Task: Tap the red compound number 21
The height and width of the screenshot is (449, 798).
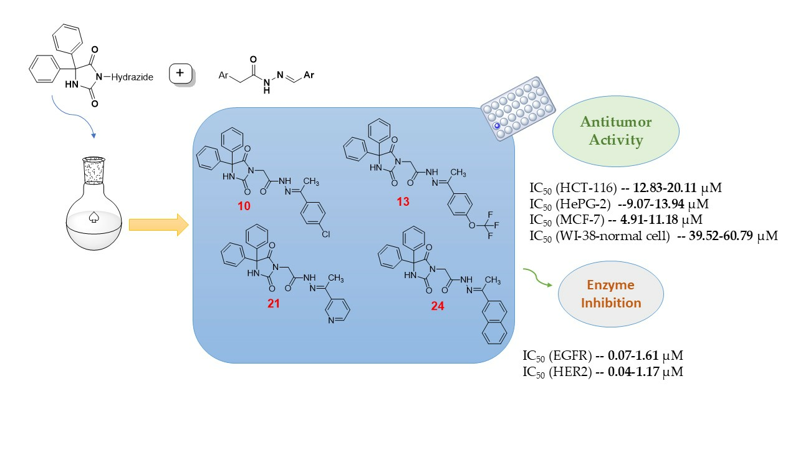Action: pyautogui.click(x=274, y=304)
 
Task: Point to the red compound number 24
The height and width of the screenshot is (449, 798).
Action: pyautogui.click(x=438, y=306)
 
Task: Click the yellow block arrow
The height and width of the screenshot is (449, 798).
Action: pyautogui.click(x=158, y=224)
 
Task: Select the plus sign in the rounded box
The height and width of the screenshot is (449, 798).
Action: pyautogui.click(x=181, y=74)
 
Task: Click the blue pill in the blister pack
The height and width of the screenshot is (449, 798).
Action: pyautogui.click(x=498, y=126)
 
